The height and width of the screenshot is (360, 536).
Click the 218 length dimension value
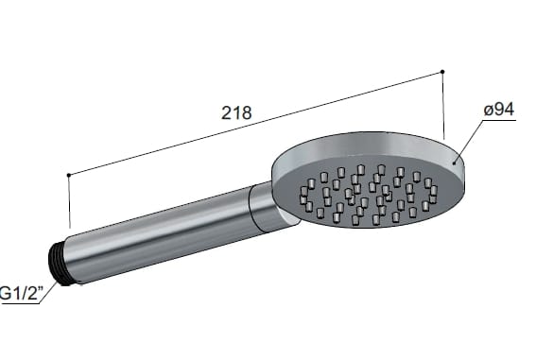(x=236, y=111)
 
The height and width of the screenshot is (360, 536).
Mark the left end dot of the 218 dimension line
(x=69, y=175)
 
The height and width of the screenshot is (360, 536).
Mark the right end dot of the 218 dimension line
(x=443, y=72)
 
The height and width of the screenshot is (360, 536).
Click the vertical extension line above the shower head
(x=443, y=104)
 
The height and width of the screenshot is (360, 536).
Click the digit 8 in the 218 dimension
(x=247, y=111)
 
